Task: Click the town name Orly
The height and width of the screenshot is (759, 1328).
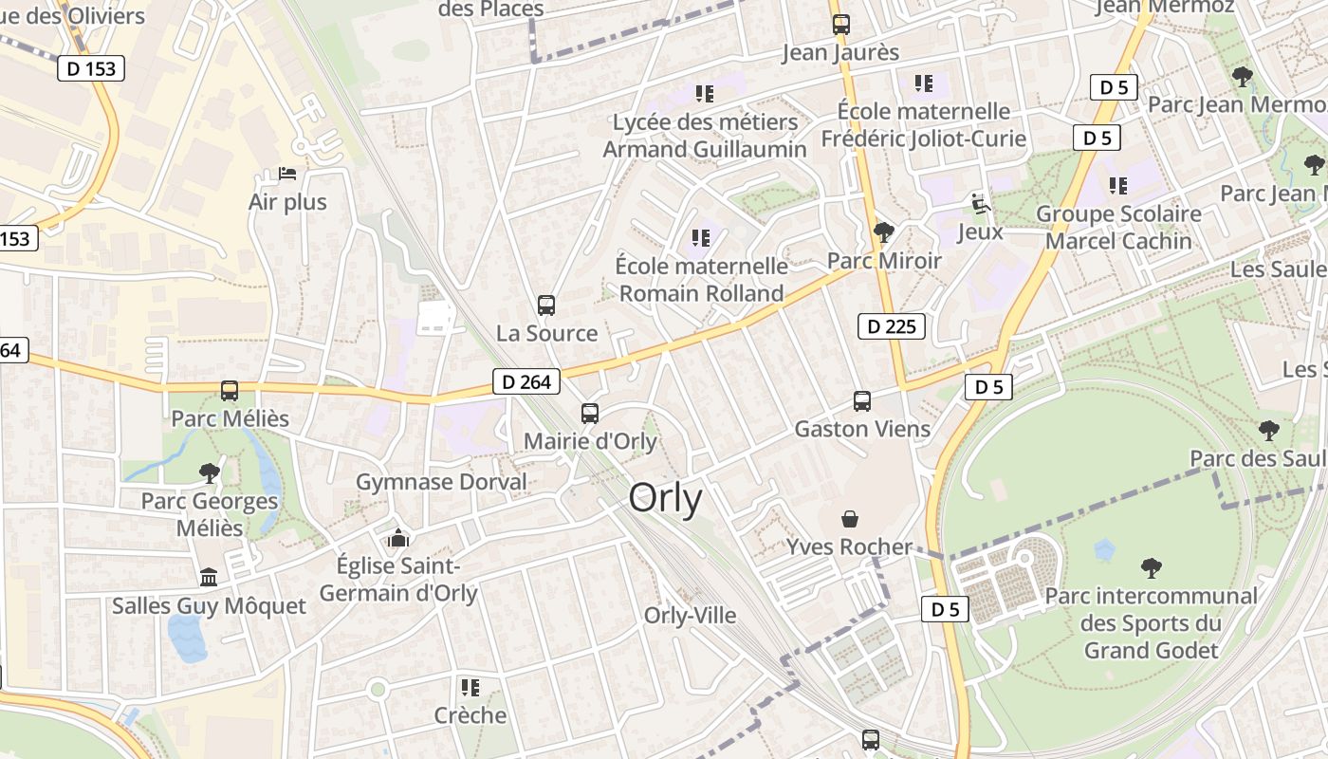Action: click(x=666, y=498)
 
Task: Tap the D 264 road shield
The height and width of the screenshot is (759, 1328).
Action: click(x=526, y=382)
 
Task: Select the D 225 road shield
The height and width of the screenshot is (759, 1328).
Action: click(x=891, y=327)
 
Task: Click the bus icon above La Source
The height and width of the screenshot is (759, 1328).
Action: click(x=546, y=305)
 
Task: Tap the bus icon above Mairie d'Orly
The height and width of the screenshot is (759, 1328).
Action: click(x=590, y=414)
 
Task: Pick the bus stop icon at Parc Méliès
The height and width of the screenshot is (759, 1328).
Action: click(x=230, y=391)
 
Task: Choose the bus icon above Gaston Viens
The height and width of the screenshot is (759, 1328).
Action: click(x=861, y=401)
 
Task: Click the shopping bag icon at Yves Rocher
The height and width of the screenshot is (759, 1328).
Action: click(x=850, y=519)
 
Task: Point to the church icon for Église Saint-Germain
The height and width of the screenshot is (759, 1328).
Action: click(x=398, y=539)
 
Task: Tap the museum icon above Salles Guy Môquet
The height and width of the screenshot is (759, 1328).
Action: click(x=209, y=577)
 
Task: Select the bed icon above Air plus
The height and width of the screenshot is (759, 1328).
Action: click(x=287, y=174)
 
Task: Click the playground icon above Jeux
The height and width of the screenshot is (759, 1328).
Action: click(x=980, y=203)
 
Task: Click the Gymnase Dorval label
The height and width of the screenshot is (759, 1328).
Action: click(x=441, y=482)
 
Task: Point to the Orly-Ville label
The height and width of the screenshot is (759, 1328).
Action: click(x=691, y=616)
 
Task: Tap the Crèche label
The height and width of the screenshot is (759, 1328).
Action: click(x=470, y=715)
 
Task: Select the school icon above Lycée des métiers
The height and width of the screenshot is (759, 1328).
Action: click(x=704, y=93)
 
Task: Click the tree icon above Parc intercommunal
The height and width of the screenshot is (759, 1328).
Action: click(x=1152, y=568)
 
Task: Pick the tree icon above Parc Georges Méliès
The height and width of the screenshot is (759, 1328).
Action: click(x=210, y=472)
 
